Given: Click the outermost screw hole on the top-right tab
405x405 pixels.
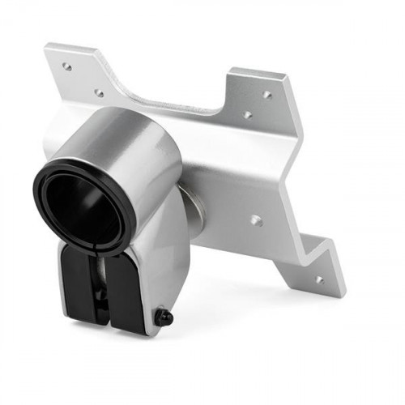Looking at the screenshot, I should coord(267,95).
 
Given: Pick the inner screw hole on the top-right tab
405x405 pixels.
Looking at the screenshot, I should coord(248,115).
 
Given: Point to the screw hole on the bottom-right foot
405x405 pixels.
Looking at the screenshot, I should coord(318,279).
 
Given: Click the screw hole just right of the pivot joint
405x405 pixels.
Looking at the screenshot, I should coord(256,220).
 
